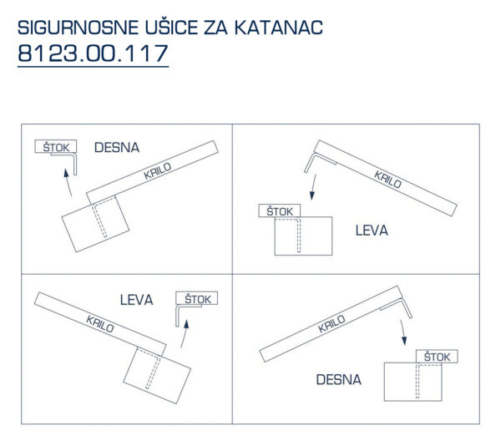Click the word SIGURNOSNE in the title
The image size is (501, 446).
[78, 28]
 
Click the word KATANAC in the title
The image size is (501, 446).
[279, 28]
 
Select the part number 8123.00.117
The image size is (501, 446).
[93, 53]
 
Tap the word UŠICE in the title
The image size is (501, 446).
[172, 27]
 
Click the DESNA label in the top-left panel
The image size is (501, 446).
[117, 148]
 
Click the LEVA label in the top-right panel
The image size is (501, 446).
[372, 231]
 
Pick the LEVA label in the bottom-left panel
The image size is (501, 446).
[136, 300]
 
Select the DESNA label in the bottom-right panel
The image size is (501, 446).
[339, 379]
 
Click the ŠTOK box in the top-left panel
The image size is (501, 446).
[56, 146]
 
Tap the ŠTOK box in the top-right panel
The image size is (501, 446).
[279, 210]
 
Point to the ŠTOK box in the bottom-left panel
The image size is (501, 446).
[197, 298]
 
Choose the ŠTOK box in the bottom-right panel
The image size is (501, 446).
[437, 357]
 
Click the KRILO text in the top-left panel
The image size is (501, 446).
[158, 170]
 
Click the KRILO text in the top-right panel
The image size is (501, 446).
[388, 180]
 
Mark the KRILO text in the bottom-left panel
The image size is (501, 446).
[100, 324]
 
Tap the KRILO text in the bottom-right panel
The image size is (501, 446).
[331, 323]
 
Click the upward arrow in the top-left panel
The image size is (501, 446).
[68, 182]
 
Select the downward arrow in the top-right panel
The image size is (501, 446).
[314, 187]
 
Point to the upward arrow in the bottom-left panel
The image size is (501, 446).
[185, 334]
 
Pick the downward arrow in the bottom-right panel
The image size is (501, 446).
[403, 332]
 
